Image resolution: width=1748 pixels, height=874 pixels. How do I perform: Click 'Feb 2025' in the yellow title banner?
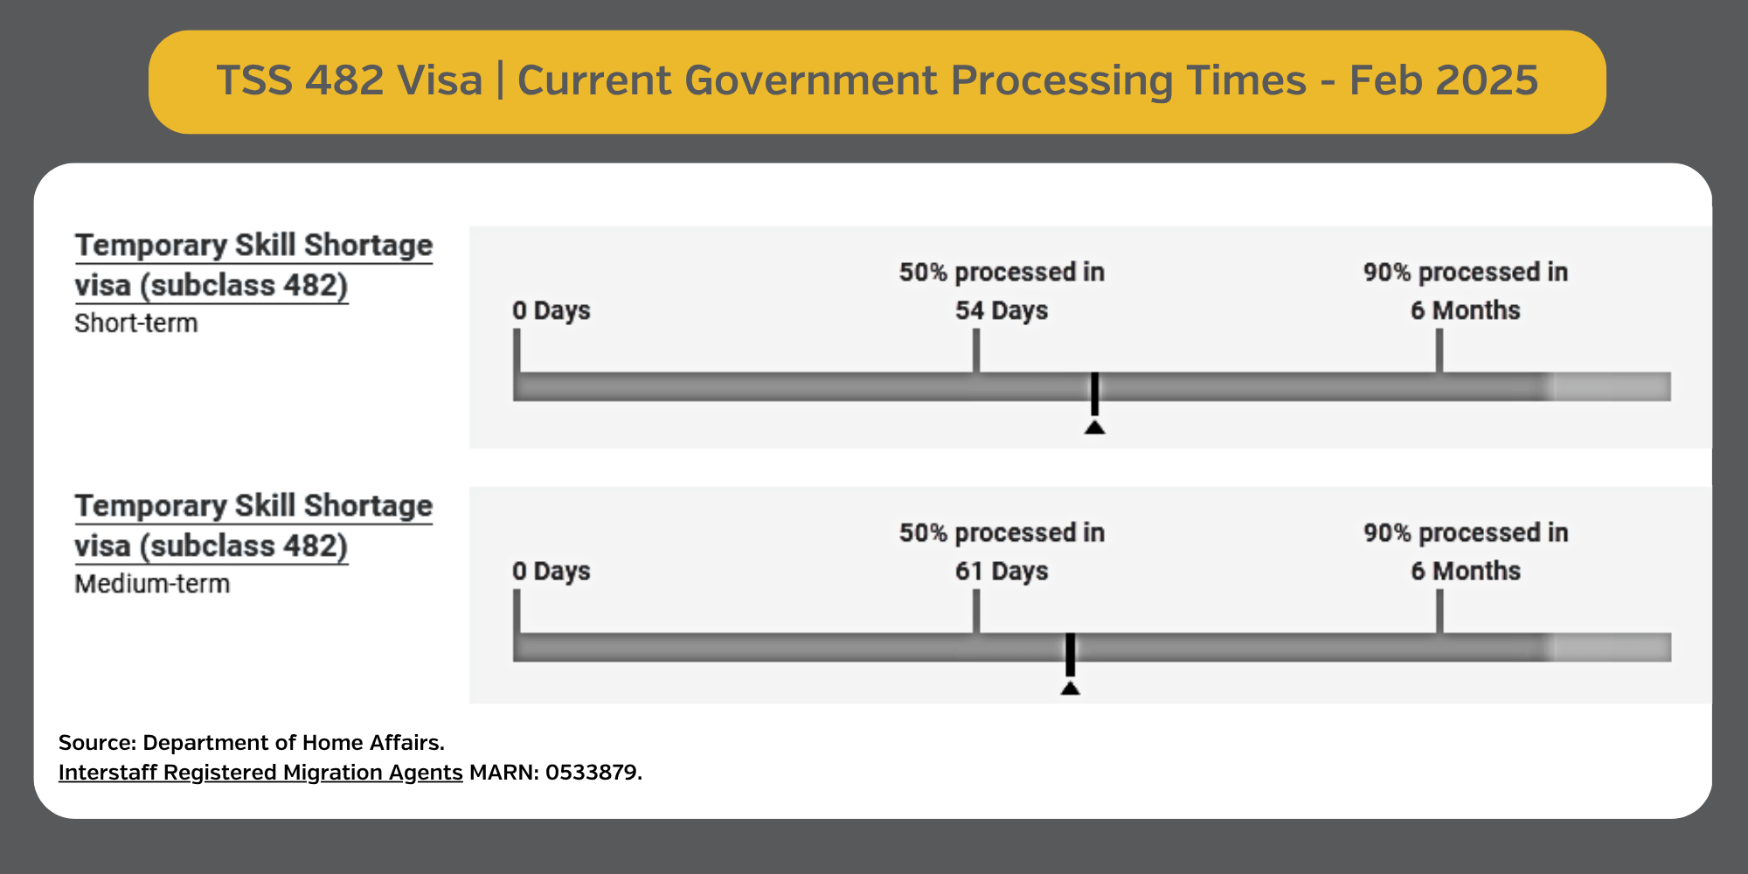click(x=1444, y=80)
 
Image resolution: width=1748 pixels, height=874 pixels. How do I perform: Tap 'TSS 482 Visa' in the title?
click(x=350, y=80)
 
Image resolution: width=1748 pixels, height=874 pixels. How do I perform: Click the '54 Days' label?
click(x=1002, y=310)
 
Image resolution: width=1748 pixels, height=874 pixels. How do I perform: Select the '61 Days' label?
click(x=1002, y=571)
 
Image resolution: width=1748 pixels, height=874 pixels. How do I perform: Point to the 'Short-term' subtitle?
click(x=136, y=323)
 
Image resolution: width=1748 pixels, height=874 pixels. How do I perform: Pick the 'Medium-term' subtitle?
click(x=152, y=584)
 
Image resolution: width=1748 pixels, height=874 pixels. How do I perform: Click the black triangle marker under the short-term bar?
click(x=1094, y=427)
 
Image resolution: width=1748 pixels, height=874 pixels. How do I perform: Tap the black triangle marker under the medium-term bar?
click(x=1070, y=688)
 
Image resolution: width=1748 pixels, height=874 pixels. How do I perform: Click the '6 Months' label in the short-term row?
click(x=1466, y=310)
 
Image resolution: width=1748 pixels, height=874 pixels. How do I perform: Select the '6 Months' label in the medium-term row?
click(x=1466, y=571)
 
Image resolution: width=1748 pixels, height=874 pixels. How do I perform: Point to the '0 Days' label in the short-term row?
click(x=551, y=310)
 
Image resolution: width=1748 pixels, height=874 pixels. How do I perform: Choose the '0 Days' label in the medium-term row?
click(x=551, y=571)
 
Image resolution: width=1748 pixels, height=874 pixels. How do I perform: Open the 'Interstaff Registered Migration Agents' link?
click(x=260, y=773)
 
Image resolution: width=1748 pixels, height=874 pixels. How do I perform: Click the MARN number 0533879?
click(x=593, y=773)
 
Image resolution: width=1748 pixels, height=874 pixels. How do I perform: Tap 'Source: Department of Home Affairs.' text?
click(x=252, y=743)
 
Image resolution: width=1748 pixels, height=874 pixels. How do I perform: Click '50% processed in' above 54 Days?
click(x=1002, y=272)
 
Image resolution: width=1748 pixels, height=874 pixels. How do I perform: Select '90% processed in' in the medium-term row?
click(x=1466, y=532)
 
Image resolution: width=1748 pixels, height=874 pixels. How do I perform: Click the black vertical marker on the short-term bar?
click(x=1094, y=394)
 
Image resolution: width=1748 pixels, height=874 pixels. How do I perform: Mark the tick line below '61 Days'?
click(x=976, y=611)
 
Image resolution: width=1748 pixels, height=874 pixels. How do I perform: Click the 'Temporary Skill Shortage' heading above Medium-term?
click(x=253, y=506)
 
